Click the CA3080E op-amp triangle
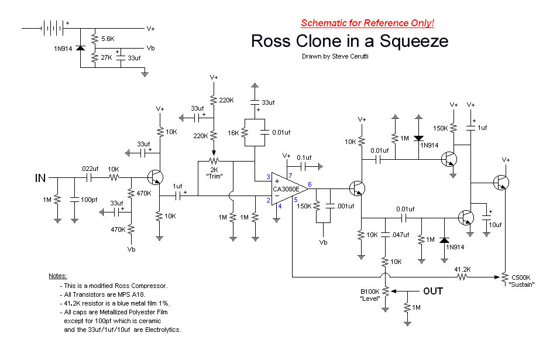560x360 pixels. [x=290, y=189]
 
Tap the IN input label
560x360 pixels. [x=40, y=178]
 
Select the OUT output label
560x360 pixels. [x=433, y=292]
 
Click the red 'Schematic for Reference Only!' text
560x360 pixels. [x=367, y=23]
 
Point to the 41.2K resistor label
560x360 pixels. [x=462, y=269]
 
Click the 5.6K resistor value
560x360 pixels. [x=108, y=39]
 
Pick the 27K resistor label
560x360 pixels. [x=106, y=57]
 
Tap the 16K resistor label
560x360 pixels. [x=233, y=133]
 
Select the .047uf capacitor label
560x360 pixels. [x=400, y=235]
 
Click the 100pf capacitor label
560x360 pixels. [x=89, y=200]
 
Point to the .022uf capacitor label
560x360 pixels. [x=90, y=169]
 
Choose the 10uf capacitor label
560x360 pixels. [x=495, y=225]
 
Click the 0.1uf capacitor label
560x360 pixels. [x=304, y=157]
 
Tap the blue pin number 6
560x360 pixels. [x=310, y=184]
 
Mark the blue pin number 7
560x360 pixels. [x=290, y=176]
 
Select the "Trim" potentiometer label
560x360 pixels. [x=214, y=176]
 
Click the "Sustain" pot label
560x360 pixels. [x=521, y=284]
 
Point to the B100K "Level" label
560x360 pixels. [x=370, y=295]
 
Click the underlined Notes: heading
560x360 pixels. [x=58, y=276]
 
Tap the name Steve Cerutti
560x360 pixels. [x=350, y=56]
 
